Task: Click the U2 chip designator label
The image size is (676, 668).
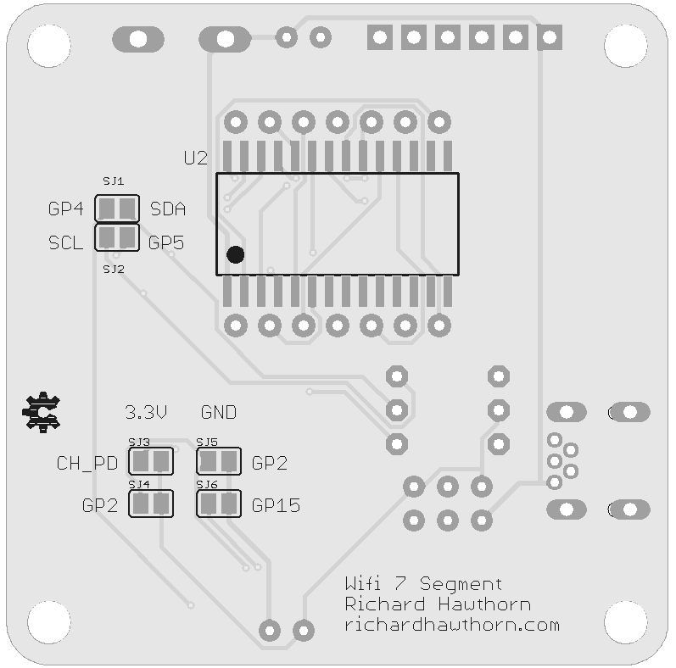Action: click(x=195, y=158)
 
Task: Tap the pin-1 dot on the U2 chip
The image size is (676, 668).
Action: click(x=235, y=254)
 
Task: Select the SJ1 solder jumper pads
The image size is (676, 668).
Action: click(x=117, y=208)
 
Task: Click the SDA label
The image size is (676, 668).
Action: click(x=168, y=209)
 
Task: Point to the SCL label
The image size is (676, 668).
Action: click(x=65, y=243)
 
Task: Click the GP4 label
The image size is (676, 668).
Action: click(x=65, y=209)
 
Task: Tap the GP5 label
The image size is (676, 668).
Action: click(x=166, y=242)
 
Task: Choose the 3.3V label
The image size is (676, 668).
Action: click(x=146, y=413)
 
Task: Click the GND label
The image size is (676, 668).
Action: click(x=219, y=413)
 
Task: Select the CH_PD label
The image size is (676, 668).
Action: click(x=87, y=463)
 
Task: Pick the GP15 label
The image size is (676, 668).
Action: click(x=277, y=506)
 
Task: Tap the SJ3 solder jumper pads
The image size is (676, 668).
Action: click(x=151, y=462)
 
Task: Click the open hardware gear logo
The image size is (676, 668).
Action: click(x=41, y=412)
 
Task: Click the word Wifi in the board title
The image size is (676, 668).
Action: click(x=365, y=583)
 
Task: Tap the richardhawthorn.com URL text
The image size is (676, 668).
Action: click(x=452, y=625)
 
